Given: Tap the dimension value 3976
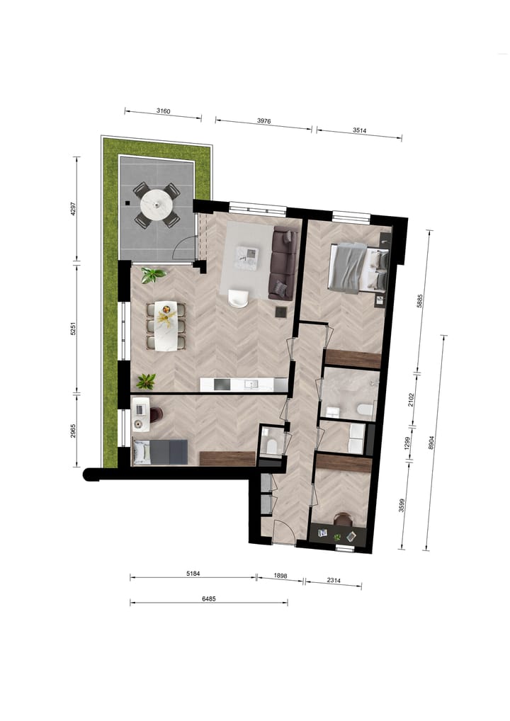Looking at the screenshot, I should pos(263,121).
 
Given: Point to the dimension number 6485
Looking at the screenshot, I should pos(208,598).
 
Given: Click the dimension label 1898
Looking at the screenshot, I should pos(280,577).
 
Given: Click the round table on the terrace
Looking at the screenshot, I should pos(157,205).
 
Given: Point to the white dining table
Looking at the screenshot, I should pos(167,326).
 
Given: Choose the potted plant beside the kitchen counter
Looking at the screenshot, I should pos(146,381).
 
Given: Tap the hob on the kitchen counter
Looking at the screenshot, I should pos(221,385).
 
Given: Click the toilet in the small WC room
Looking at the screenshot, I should pos(271,445).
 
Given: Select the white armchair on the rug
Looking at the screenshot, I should pos(238,300).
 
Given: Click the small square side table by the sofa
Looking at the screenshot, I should pos(280,311).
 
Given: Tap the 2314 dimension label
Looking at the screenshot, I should pos(332,581).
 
